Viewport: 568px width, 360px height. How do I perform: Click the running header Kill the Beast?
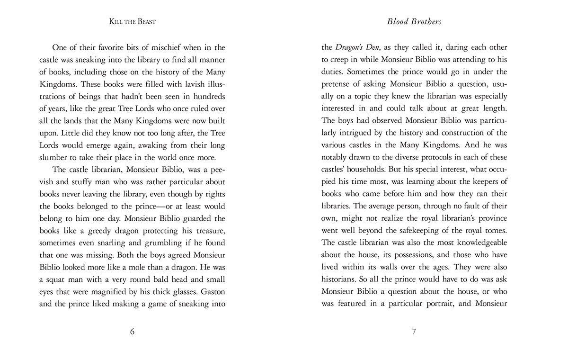coord(132,22)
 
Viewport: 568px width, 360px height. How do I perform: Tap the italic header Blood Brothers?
coord(414,22)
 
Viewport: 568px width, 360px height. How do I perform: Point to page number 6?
coord(132,332)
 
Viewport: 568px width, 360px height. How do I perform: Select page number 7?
coord(414,332)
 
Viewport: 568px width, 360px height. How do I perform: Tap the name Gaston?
coord(211,291)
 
